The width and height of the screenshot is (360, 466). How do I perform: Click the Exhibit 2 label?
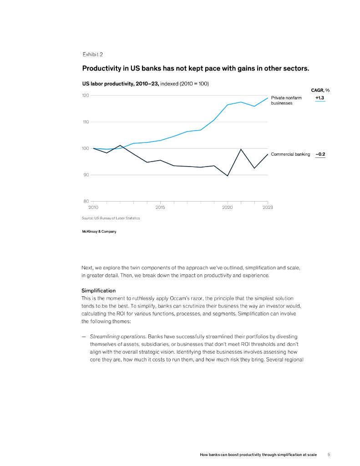pyautogui.click(x=92, y=54)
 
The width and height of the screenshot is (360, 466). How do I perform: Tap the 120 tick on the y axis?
pyautogui.click(x=85, y=95)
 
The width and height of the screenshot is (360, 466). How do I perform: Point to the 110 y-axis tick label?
pyautogui.click(x=85, y=122)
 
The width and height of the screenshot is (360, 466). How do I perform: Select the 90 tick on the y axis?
pyautogui.click(x=86, y=175)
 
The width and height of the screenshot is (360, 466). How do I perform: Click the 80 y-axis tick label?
pyautogui.click(x=86, y=201)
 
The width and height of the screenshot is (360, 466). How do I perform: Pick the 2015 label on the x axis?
pyautogui.click(x=160, y=207)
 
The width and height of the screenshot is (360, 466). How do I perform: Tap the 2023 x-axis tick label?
pyautogui.click(x=268, y=207)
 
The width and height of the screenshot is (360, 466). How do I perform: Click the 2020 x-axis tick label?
pyautogui.click(x=227, y=207)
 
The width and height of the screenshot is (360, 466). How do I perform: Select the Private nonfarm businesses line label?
pyautogui.click(x=286, y=100)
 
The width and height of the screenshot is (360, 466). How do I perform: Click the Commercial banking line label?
pyautogui.click(x=290, y=154)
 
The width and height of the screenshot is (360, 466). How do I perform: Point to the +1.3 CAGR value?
pyautogui.click(x=320, y=97)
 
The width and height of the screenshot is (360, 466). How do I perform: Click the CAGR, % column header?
pyautogui.click(x=320, y=90)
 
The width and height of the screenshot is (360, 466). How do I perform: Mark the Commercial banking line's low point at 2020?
pyautogui.click(x=228, y=176)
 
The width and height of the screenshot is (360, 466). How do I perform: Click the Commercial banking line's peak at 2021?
pyautogui.click(x=241, y=149)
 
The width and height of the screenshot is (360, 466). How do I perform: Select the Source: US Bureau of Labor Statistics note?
pyautogui.click(x=111, y=218)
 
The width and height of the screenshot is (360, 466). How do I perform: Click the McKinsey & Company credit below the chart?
pyautogui.click(x=99, y=232)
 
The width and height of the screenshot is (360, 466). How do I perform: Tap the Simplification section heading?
pyautogui.click(x=98, y=290)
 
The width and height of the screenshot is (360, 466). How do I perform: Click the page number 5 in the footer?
pyautogui.click(x=329, y=455)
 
